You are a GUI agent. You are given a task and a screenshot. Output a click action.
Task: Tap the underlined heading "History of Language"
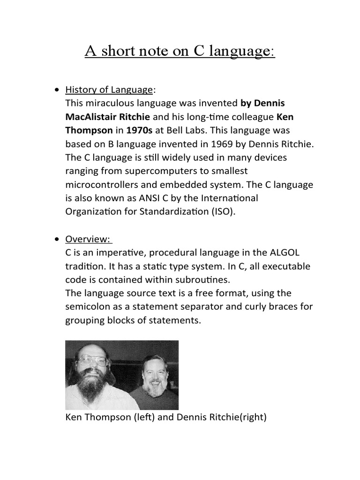(x=109, y=90)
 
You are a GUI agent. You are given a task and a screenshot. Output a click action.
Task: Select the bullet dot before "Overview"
(x=57, y=240)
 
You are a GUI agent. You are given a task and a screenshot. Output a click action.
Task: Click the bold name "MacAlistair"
(x=91, y=116)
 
